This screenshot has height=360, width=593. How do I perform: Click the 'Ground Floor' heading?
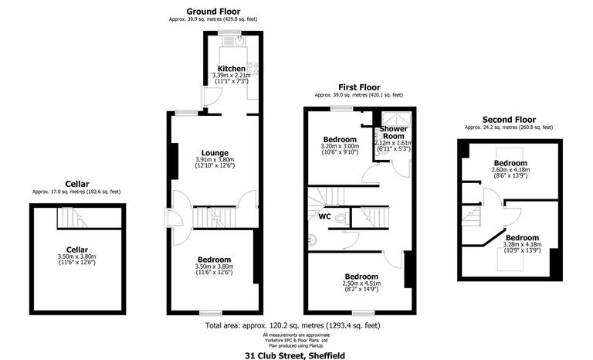pyautogui.click(x=214, y=12)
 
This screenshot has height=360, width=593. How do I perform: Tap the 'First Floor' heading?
pyautogui.click(x=358, y=87)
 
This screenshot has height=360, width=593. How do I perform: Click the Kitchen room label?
pyautogui.click(x=232, y=69)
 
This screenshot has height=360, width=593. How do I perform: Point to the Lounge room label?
pyautogui.click(x=215, y=152)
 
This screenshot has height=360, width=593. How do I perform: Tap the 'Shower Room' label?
pyautogui.click(x=393, y=132)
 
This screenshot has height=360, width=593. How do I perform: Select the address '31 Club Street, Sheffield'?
pyautogui.click(x=296, y=354)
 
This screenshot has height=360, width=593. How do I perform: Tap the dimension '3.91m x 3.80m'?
pyautogui.click(x=215, y=160)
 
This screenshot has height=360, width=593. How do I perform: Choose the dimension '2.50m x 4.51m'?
pyautogui.click(x=361, y=284)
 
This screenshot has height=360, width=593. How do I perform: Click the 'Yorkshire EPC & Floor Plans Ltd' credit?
pyautogui.click(x=295, y=339)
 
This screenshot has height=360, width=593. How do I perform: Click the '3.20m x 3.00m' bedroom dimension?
pyautogui.click(x=340, y=145)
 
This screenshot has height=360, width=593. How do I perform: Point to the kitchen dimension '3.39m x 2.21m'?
pyautogui.click(x=232, y=76)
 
